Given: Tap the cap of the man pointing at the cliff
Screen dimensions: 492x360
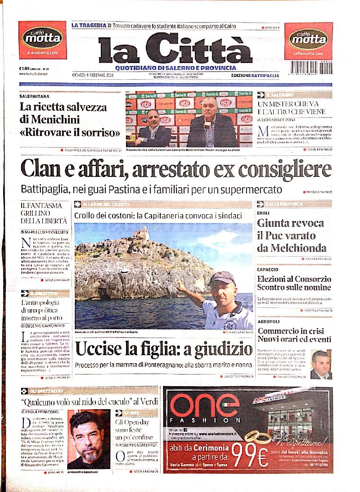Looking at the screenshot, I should pos(222,278).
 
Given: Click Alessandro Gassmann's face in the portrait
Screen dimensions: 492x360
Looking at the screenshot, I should pos(90,434).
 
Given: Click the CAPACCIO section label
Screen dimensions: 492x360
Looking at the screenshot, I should pos(268,269).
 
